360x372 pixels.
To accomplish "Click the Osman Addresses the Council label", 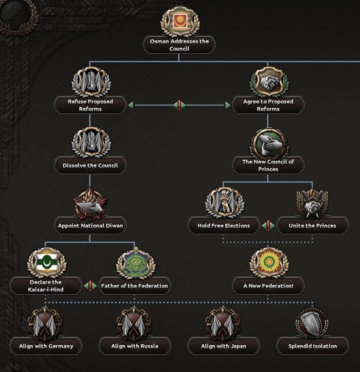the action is [x=179, y=45].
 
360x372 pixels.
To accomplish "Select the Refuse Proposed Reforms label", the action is [x=90, y=105].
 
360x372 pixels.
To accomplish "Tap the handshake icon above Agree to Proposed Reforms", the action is [x=269, y=82].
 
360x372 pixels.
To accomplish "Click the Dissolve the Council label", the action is [x=90, y=166].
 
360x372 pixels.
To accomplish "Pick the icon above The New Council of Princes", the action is [x=269, y=143].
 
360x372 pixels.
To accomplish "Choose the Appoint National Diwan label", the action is [x=90, y=226].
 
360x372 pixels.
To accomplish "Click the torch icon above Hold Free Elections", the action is [x=224, y=202].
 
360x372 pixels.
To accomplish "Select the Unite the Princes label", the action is [x=312, y=226].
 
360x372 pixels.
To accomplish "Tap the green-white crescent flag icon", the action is [x=46, y=263].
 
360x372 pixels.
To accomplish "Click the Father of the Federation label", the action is [x=135, y=286].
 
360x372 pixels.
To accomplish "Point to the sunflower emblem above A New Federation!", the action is [x=269, y=263].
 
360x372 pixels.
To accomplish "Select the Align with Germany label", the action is [x=46, y=346].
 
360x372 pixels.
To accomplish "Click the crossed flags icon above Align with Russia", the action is [x=134, y=324].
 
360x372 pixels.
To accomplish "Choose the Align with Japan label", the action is [x=224, y=346].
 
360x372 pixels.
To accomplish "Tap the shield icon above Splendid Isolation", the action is [x=312, y=324].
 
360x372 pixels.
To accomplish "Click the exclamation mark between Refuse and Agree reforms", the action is [x=179, y=105].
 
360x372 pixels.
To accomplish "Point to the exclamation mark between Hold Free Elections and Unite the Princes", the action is [x=268, y=226].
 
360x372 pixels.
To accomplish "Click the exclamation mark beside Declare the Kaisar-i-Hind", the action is [x=90, y=285].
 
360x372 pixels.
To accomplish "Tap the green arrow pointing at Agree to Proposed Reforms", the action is [x=228, y=105].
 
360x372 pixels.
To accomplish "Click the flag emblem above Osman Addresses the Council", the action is [x=180, y=22].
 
